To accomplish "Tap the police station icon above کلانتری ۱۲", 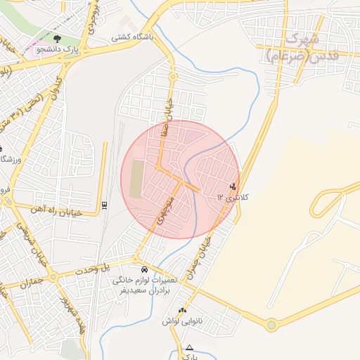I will (233, 187).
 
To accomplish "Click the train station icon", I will (105, 205).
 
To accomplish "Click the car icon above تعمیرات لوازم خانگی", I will (144, 269).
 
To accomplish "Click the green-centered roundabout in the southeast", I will (271, 325).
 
